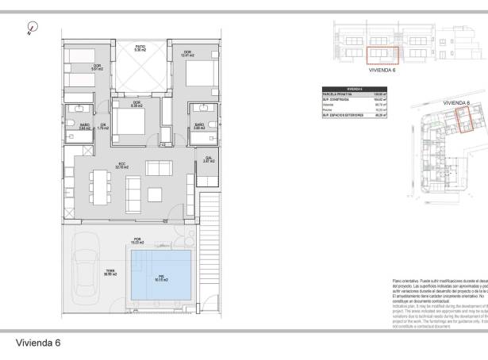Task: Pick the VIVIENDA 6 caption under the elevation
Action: click(382, 71)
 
